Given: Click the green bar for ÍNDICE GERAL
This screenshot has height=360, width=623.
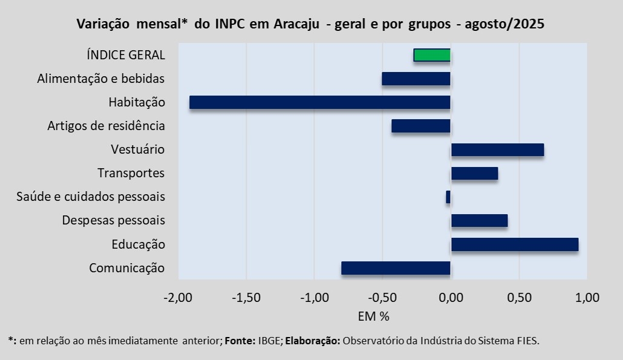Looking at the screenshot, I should tap(432, 55).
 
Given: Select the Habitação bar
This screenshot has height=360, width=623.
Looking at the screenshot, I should tap(320, 102).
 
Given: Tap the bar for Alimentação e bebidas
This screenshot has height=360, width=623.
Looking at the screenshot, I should tap(416, 79).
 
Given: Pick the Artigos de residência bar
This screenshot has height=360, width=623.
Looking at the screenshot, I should tap(421, 126).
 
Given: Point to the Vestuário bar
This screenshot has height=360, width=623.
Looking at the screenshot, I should tap(497, 149).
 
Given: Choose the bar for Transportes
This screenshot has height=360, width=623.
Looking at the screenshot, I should tap(474, 173).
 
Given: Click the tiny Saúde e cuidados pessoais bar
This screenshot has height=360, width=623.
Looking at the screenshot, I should tap(448, 197).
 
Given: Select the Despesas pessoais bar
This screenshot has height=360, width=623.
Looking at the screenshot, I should tap(479, 220).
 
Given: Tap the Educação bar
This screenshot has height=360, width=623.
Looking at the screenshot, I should tap(515, 244).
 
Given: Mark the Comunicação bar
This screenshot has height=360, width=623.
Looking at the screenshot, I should tap(396, 268).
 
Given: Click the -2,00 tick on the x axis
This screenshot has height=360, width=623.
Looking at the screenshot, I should tap(178, 297).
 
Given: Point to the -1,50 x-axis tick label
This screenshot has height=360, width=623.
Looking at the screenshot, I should tap(246, 297).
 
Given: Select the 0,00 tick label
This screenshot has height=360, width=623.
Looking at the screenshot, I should tap(451, 297).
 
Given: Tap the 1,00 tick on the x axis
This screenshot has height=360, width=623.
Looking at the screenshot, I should tap(587, 297).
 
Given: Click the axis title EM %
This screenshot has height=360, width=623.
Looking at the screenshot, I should tap(373, 316).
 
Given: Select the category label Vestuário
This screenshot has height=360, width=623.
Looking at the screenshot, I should tap(138, 149).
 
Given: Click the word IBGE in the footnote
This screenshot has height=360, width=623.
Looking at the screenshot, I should tap(269, 341).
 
